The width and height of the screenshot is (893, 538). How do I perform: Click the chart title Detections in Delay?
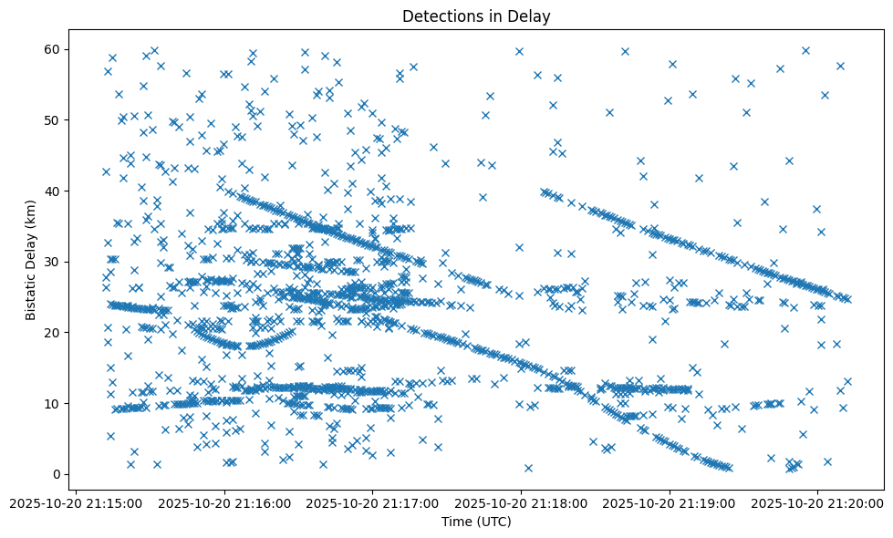[x=476, y=16]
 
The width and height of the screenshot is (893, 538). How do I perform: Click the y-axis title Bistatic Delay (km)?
[x=30, y=261]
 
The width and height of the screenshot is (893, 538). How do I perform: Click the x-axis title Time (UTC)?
[x=476, y=522]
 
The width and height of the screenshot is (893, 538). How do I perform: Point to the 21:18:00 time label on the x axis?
[x=521, y=502]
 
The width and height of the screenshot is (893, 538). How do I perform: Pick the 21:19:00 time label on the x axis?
[x=670, y=502]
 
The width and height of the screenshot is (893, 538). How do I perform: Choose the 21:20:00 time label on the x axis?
[x=818, y=502]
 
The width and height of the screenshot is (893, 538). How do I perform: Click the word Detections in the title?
[x=441, y=16]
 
